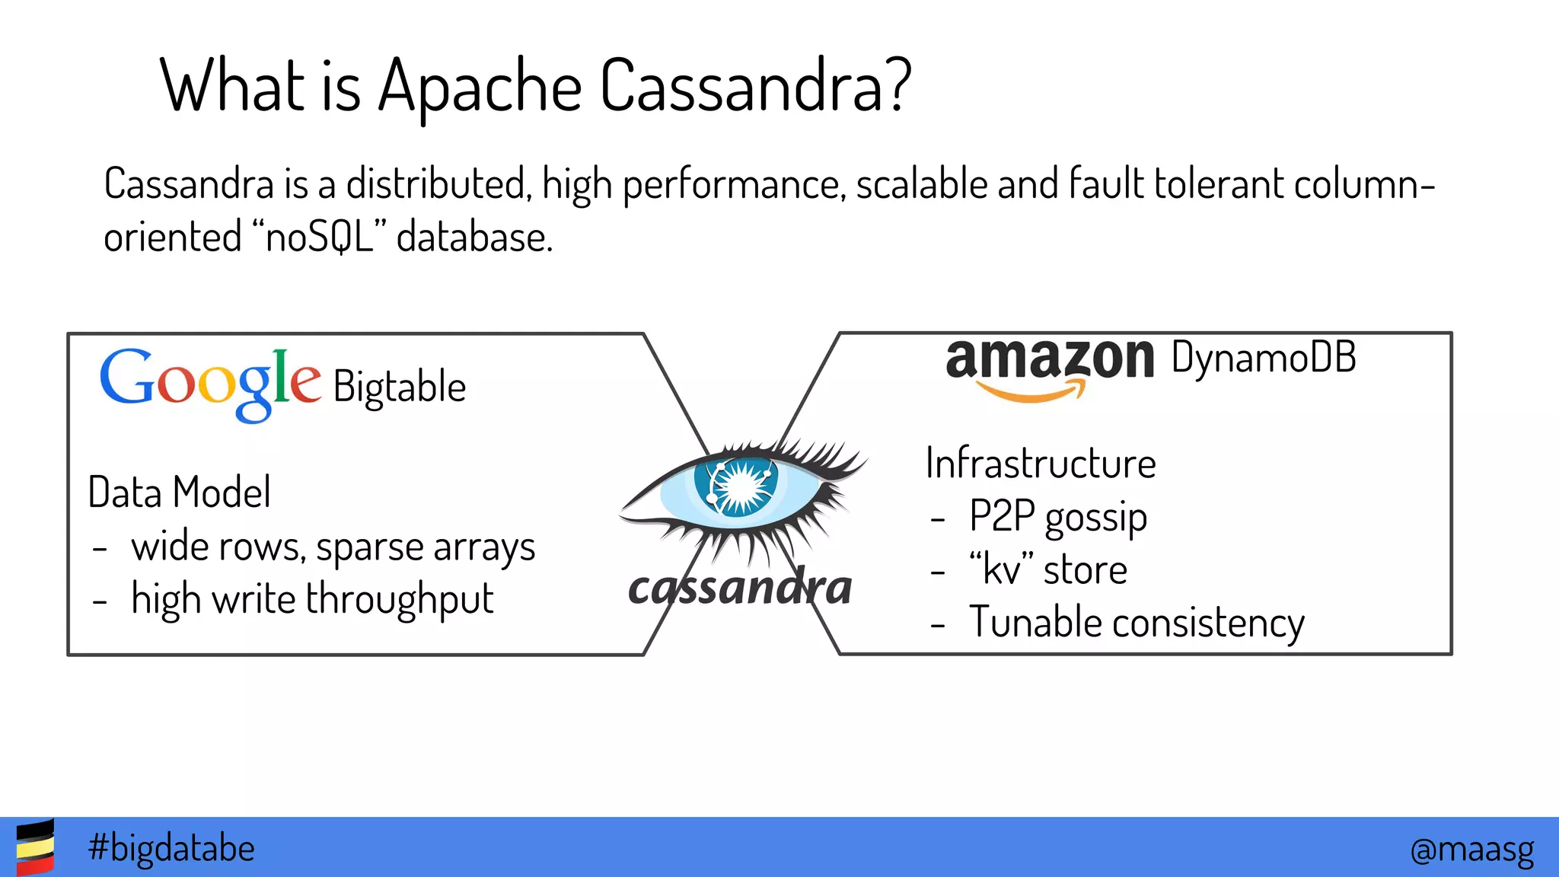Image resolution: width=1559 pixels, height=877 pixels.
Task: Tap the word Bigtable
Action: pos(400,387)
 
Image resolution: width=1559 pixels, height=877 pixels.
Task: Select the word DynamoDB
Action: pos(1264,358)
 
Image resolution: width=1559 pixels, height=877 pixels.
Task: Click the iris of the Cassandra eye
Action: pos(736,485)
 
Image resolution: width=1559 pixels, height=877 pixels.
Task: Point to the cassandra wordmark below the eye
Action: pos(740,588)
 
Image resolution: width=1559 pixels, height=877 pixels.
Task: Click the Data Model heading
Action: pos(180,492)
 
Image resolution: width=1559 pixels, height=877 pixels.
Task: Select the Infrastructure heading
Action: pos(1041,463)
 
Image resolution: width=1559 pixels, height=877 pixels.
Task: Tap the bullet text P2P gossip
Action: pos(1057,518)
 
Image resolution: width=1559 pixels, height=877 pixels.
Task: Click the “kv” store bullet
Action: pos(1047,569)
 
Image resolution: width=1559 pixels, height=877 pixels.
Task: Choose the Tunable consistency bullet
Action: pos(1137,623)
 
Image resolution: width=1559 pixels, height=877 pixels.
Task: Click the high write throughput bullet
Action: pos(312,599)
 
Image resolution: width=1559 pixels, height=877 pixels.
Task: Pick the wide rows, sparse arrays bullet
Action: pos(333,547)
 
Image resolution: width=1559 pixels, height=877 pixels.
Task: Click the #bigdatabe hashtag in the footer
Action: pos(171,847)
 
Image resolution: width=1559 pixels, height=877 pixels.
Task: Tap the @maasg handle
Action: pos(1471,849)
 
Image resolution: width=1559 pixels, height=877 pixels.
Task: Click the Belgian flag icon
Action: pos(35,847)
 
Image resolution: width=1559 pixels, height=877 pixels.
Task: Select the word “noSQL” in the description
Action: pos(317,237)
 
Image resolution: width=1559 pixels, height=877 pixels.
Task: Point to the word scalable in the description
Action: pos(922,184)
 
